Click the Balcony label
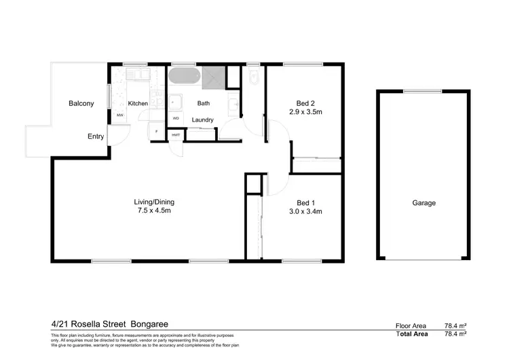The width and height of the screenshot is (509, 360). [81, 103]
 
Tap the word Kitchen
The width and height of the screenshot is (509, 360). [138, 103]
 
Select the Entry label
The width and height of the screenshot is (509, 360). [96, 137]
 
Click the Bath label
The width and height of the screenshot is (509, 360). [204, 103]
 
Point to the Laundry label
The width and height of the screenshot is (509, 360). [203, 120]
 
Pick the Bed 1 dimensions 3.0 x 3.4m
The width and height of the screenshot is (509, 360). [305, 211]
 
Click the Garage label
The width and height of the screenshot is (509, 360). [423, 203]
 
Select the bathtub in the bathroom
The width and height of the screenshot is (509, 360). [183, 76]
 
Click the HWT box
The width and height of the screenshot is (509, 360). [176, 135]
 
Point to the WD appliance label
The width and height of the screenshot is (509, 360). [176, 118]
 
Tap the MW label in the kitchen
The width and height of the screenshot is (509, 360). [120, 115]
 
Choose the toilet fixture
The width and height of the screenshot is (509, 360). [254, 78]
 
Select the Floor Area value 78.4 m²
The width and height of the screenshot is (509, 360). [454, 326]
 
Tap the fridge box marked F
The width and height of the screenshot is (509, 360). [157, 131]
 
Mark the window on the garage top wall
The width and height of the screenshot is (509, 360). [422, 91]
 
